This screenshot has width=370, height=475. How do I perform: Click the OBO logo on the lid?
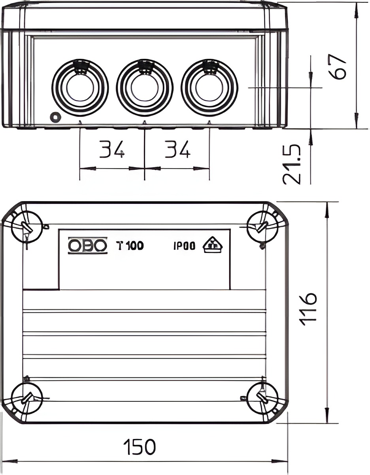coord(88,246)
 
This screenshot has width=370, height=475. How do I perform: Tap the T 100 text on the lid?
coord(130,246)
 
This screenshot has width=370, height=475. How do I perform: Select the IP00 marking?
coord(185,246)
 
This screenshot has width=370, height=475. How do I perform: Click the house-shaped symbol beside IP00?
coord(213,245)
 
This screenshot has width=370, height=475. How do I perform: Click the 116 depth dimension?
coord(308,309)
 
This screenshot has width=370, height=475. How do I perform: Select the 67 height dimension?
coord(338,67)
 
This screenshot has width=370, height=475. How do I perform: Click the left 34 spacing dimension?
coord(112,149)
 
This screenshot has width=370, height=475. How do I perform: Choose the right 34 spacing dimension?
coord(177,149)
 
